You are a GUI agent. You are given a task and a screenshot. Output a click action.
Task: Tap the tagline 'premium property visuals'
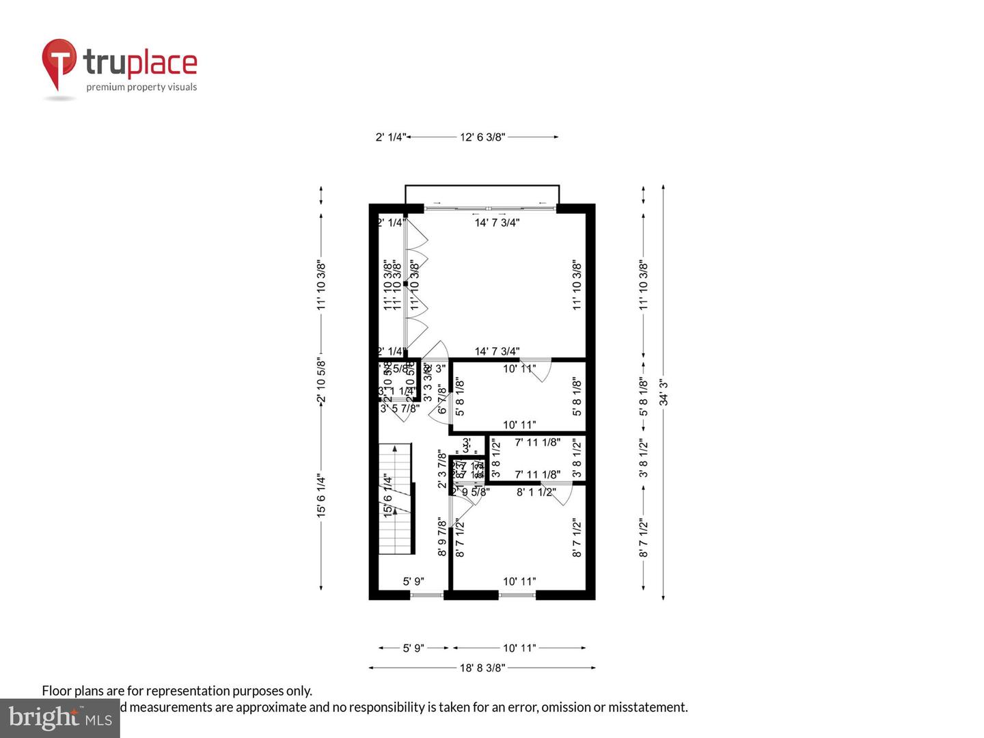tap(141, 87)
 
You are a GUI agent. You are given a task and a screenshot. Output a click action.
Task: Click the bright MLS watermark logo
tap(60, 717)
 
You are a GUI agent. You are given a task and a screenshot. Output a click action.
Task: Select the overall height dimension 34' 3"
tap(664, 392)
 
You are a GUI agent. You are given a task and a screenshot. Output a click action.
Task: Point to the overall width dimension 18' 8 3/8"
tap(482, 668)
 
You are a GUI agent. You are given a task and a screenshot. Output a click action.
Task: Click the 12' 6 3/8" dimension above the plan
tap(482, 137)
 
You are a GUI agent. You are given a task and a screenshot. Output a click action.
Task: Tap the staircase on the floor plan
tap(396, 499)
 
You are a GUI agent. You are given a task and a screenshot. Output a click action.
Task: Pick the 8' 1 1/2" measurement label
tap(536, 492)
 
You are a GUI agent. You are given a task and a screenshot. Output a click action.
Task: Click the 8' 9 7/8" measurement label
tap(442, 538)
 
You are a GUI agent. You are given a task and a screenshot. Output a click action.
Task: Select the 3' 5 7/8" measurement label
tap(400, 409)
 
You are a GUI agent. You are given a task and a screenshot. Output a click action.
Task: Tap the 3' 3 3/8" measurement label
tap(428, 383)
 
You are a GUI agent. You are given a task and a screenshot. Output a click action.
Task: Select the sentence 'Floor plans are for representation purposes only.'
tap(177, 691)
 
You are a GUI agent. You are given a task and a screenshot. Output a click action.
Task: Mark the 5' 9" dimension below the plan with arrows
tap(413, 648)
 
